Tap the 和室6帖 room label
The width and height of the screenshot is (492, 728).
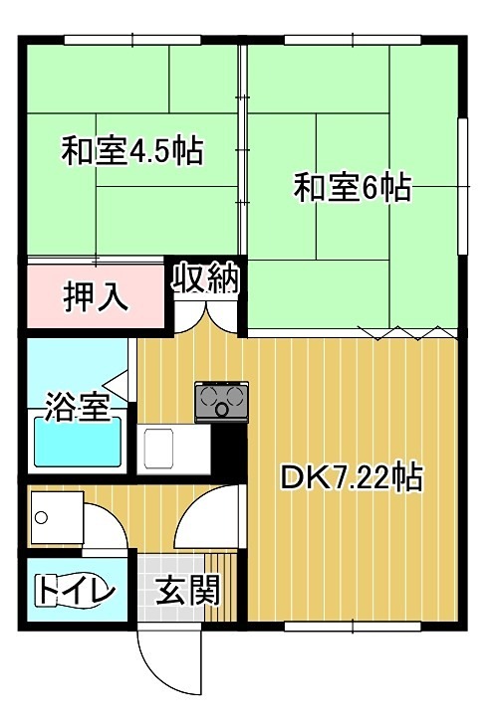point(352,188)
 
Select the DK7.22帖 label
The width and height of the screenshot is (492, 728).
point(351,478)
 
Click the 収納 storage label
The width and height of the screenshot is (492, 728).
point(208,279)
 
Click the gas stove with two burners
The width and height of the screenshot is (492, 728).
point(221,402)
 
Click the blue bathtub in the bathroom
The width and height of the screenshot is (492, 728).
point(78,442)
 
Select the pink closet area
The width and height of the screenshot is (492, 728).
point(96,295)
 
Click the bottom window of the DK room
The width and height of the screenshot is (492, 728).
point(354,626)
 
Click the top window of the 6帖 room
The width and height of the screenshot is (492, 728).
point(354,39)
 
